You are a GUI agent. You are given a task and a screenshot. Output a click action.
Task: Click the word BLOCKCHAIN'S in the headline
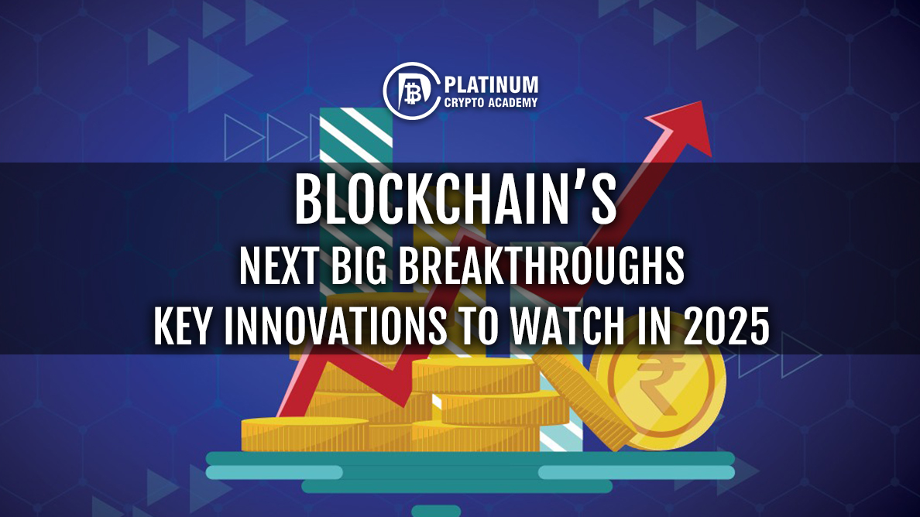455,200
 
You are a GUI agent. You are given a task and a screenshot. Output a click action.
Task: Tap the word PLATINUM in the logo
491,86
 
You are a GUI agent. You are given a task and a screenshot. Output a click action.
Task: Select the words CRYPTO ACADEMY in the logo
491,103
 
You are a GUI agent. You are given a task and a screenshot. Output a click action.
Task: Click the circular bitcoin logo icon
411,91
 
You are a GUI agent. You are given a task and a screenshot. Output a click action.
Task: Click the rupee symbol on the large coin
659,382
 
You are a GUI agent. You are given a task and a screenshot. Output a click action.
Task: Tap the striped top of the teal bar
356,135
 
